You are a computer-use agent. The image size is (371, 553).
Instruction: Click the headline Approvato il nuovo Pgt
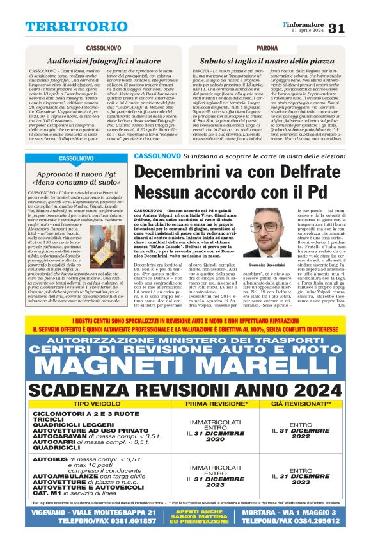[68, 174]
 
